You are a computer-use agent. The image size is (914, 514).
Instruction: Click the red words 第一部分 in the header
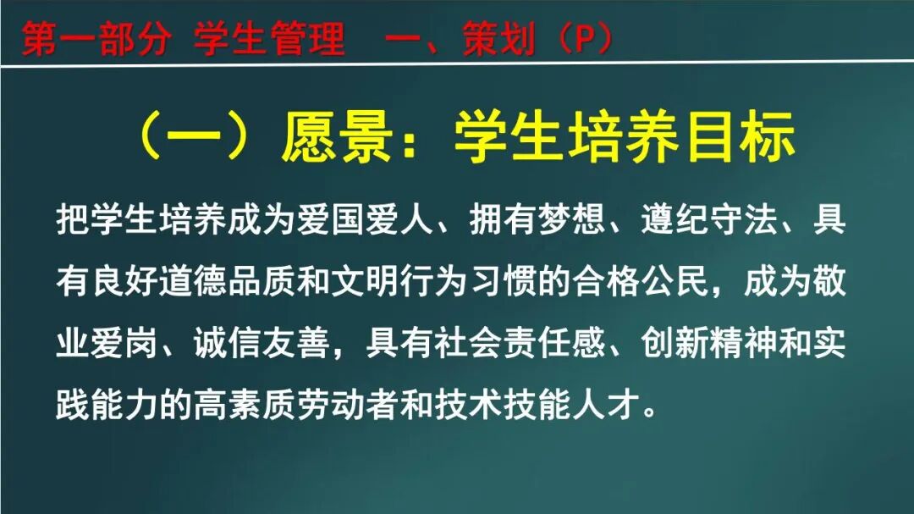pyautogui.click(x=94, y=39)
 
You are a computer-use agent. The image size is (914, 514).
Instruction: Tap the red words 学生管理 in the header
pyautogui.click(x=269, y=39)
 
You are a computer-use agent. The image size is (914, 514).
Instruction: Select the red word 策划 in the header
pyautogui.click(x=498, y=39)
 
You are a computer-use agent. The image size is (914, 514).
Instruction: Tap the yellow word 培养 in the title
pyautogui.click(x=626, y=137)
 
